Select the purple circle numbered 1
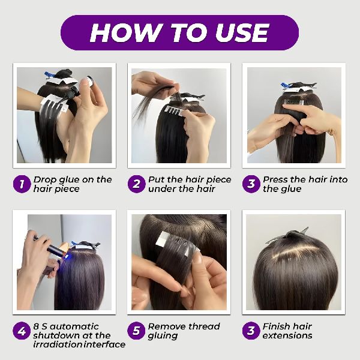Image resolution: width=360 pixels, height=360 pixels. [22, 184]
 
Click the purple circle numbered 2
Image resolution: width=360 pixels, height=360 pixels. [137, 184]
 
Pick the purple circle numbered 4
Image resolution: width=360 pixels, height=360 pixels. [22, 331]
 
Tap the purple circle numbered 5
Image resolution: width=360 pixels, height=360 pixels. [136, 331]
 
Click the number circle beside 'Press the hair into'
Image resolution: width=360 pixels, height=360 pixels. [251, 184]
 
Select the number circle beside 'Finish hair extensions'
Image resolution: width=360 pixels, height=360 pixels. [251, 331]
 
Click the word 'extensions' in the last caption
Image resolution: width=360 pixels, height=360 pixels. [287, 335]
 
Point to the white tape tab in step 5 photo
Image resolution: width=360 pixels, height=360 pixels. [163, 239]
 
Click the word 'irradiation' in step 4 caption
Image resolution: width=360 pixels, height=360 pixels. [58, 344]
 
